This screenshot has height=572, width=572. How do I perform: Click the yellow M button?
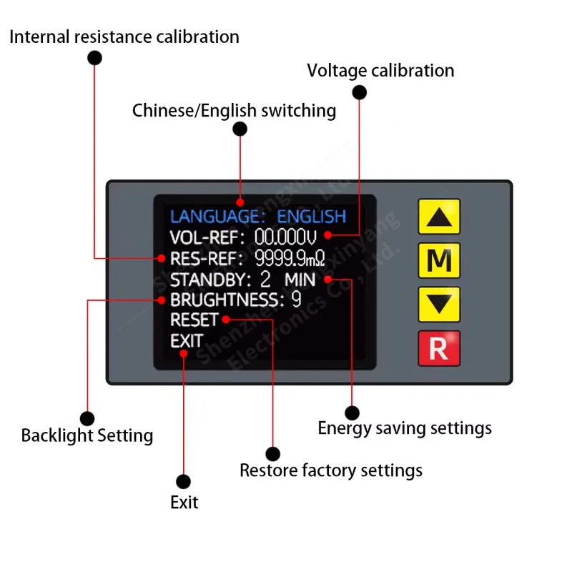point(438,260)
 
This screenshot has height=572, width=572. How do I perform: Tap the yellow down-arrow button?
point(438,304)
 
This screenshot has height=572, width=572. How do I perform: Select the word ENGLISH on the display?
point(311,216)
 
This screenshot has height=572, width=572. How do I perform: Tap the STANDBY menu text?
point(210,279)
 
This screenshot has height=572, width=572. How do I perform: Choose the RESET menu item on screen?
point(194,320)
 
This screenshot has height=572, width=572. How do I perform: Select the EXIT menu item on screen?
point(186,341)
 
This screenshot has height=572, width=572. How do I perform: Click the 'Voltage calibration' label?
point(380,71)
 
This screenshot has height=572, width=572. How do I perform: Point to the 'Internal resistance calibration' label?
point(124,36)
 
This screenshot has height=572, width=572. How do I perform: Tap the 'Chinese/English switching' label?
point(234,111)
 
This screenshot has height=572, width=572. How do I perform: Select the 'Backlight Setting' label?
point(87,435)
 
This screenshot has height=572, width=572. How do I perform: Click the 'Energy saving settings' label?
point(405,428)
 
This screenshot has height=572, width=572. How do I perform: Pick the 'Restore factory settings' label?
point(331,470)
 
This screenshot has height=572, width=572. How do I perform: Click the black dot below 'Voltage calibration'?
point(360,92)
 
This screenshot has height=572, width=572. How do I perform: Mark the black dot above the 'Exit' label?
point(183,481)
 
